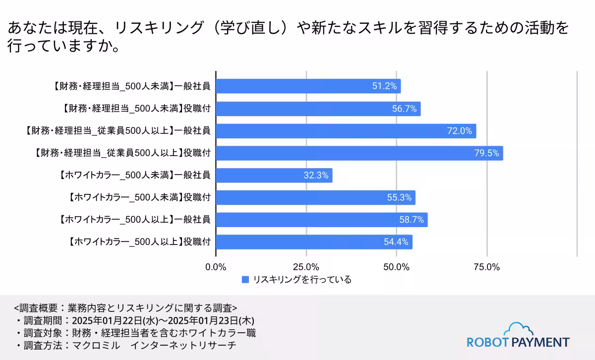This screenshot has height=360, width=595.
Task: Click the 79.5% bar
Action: pos(359,153)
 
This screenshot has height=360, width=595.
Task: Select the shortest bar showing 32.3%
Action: pos(274,176)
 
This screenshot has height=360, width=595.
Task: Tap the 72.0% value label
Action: pos(459,131)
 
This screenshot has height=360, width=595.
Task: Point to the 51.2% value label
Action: pos(384,86)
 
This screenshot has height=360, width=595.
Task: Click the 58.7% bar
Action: pos(321,220)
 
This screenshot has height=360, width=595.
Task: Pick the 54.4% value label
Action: pos(396,242)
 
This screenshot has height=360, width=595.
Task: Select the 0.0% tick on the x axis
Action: pos(216,267)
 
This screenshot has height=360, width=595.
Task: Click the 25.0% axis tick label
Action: pos(306,267)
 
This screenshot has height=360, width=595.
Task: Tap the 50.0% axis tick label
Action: pos(396,267)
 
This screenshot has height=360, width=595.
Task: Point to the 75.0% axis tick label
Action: pos(486,267)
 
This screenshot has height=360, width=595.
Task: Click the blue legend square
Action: pos(245,280)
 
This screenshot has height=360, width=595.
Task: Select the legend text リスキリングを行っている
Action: pos(302,280)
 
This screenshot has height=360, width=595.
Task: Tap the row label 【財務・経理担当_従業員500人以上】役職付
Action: pos(123,153)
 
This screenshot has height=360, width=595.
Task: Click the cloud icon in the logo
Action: pos(518,329)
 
